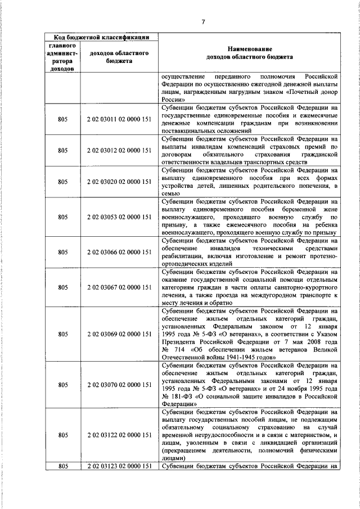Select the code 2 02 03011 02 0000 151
point(119,119)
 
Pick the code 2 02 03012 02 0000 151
point(119,150)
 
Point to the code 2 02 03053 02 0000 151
point(119,217)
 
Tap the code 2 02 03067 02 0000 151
point(119,287)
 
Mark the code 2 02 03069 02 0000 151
point(119,334)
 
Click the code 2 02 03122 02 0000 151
point(119,435)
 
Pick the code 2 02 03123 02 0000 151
point(119,466)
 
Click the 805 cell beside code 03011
point(63,119)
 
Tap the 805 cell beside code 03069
point(63,334)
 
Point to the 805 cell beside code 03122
point(63,435)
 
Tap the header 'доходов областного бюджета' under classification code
point(119,57)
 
